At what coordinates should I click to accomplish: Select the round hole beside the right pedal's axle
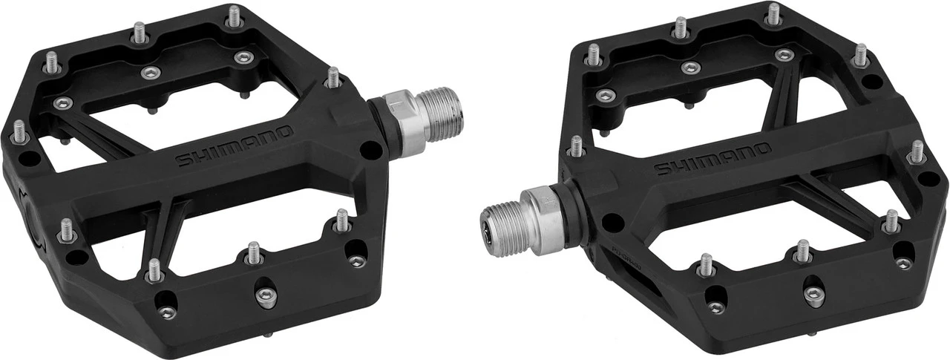[x=612, y=221]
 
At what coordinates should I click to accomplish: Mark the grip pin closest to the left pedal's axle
[x=334, y=77]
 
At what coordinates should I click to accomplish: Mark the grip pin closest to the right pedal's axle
[x=576, y=145]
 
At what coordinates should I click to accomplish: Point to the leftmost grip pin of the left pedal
[x=19, y=131]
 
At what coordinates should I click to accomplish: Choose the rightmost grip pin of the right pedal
[x=917, y=151]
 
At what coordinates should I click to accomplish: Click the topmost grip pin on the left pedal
[x=235, y=16]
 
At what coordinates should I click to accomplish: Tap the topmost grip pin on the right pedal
[x=774, y=13]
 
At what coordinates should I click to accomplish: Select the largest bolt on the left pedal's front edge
[x=266, y=295]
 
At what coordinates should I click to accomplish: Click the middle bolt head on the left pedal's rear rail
[x=151, y=72]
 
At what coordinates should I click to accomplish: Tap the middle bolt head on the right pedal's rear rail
[x=691, y=68]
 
